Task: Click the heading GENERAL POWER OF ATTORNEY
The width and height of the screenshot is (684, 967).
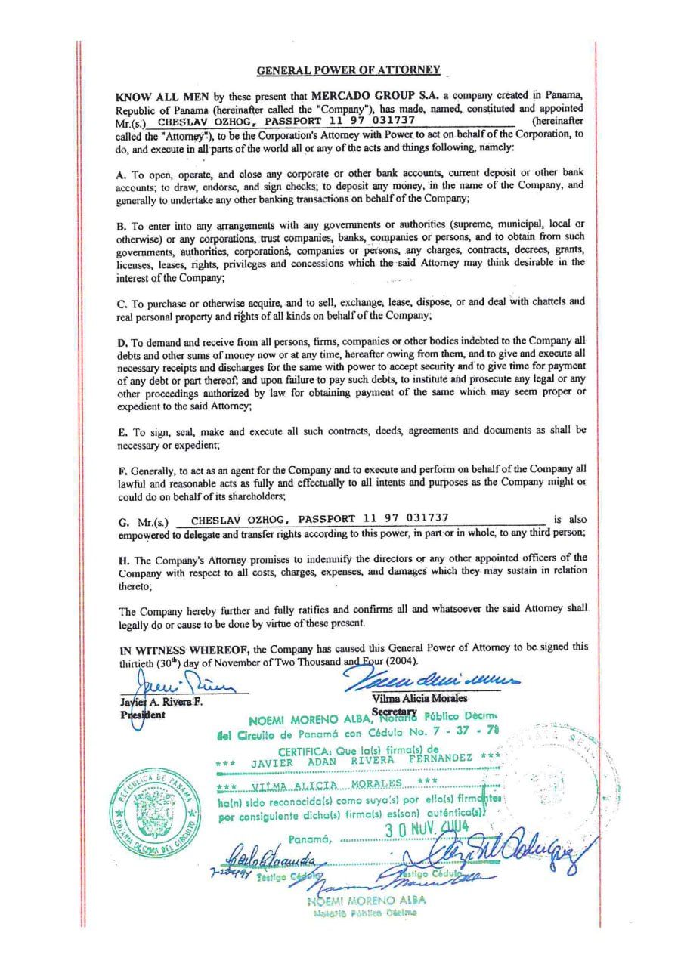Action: (x=348, y=70)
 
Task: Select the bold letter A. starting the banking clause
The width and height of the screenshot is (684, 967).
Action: (x=121, y=172)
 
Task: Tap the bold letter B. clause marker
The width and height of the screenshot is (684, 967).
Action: (x=121, y=225)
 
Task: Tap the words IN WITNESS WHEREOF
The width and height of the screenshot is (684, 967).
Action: (x=184, y=649)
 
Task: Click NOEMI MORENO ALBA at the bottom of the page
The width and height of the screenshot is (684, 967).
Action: (x=366, y=900)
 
